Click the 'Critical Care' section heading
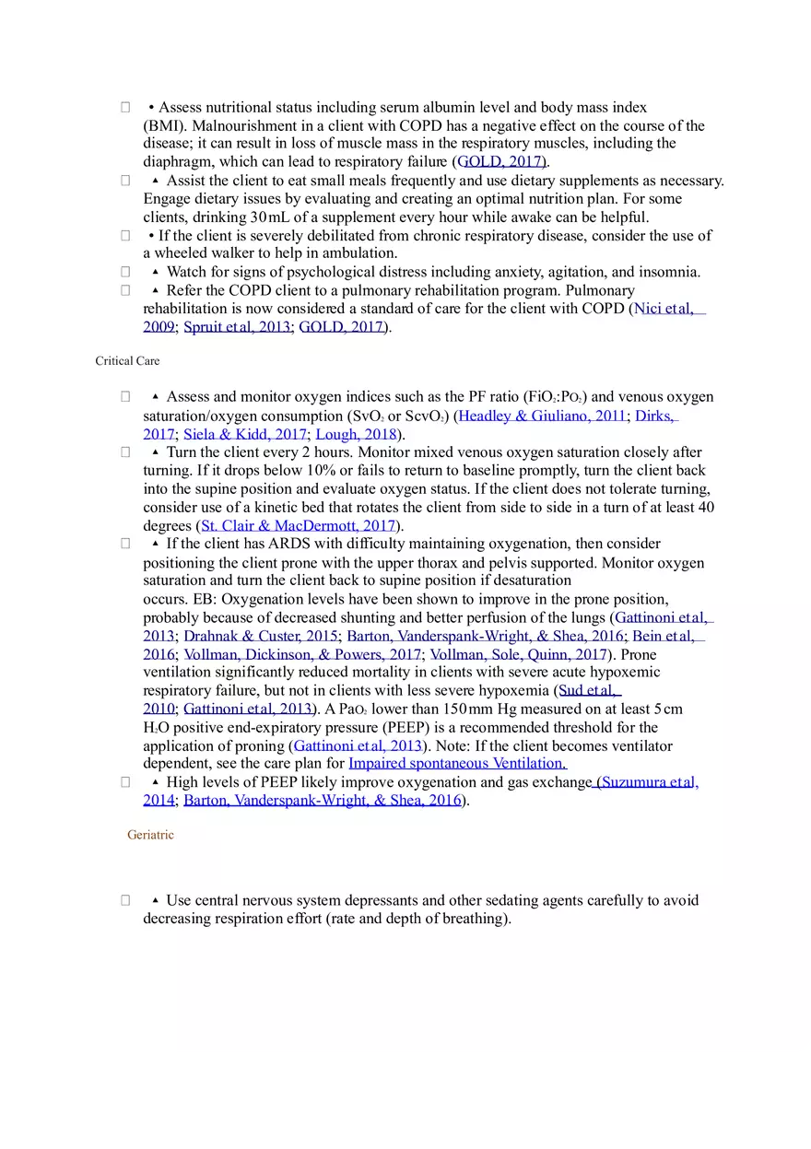pyautogui.click(x=127, y=361)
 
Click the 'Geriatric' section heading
pyautogui.click(x=150, y=835)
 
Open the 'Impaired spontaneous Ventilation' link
pyautogui.click(x=457, y=764)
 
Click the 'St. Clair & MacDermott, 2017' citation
pyautogui.click(x=299, y=526)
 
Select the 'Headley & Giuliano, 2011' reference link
pyautogui.click(x=542, y=416)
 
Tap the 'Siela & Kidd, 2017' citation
pyautogui.click(x=245, y=434)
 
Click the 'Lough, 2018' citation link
pyautogui.click(x=356, y=434)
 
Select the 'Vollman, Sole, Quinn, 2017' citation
pyautogui.click(x=518, y=654)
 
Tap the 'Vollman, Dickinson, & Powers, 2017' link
pyautogui.click(x=302, y=654)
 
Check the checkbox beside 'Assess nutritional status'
pyautogui.click(x=125, y=108)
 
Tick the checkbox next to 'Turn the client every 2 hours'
pyautogui.click(x=125, y=452)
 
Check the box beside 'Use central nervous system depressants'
pyautogui.click(x=125, y=900)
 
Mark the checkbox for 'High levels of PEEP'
pyautogui.click(x=125, y=782)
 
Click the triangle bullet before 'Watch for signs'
pyautogui.click(x=155, y=272)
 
